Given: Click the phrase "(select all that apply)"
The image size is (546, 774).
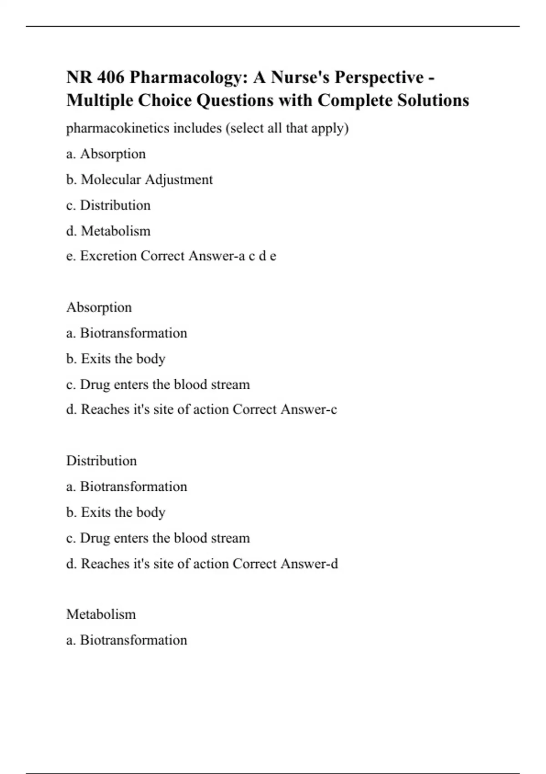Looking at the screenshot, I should (287, 128).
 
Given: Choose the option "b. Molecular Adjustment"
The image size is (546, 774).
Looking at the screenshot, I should (139, 180).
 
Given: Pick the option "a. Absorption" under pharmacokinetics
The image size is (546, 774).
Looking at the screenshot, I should (106, 154).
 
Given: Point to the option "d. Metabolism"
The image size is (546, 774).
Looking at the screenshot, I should (108, 231).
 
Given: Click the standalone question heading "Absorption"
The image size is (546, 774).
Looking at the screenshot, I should (99, 307).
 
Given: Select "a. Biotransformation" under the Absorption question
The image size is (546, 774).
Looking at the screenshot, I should (126, 333).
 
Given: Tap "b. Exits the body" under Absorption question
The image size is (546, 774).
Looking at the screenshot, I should (116, 359).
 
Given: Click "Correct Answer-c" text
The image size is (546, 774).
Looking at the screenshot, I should (285, 410).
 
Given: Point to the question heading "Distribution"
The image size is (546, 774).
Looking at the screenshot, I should (101, 461).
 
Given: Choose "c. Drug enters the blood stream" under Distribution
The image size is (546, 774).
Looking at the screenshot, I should (158, 538).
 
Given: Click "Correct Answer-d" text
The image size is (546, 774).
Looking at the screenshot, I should (285, 564).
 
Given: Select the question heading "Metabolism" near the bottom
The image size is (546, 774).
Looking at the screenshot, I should (101, 614).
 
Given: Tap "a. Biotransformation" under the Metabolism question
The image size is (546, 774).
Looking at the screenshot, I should (126, 640).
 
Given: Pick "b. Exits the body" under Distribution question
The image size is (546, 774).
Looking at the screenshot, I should (116, 512).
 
